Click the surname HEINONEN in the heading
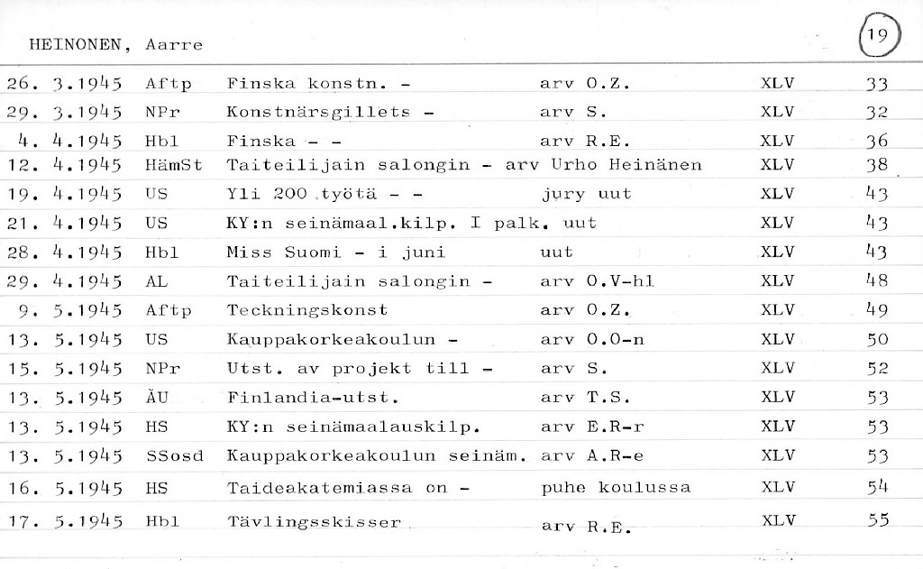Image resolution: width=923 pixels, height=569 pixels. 77,44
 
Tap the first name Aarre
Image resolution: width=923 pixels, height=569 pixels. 174,44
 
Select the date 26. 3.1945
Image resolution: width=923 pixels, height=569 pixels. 64,84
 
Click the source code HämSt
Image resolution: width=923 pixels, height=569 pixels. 173,166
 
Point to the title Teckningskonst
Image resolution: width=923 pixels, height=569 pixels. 307,310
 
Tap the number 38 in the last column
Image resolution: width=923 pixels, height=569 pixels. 876,166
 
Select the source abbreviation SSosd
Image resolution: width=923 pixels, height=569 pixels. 175,456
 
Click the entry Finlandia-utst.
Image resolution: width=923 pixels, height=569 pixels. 313,397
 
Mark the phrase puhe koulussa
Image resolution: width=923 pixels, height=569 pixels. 616,488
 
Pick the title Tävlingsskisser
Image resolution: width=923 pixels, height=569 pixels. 314,522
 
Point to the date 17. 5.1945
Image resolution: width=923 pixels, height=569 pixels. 64,521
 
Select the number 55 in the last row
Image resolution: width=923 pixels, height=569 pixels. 877,520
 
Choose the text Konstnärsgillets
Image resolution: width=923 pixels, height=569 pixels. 318,113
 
